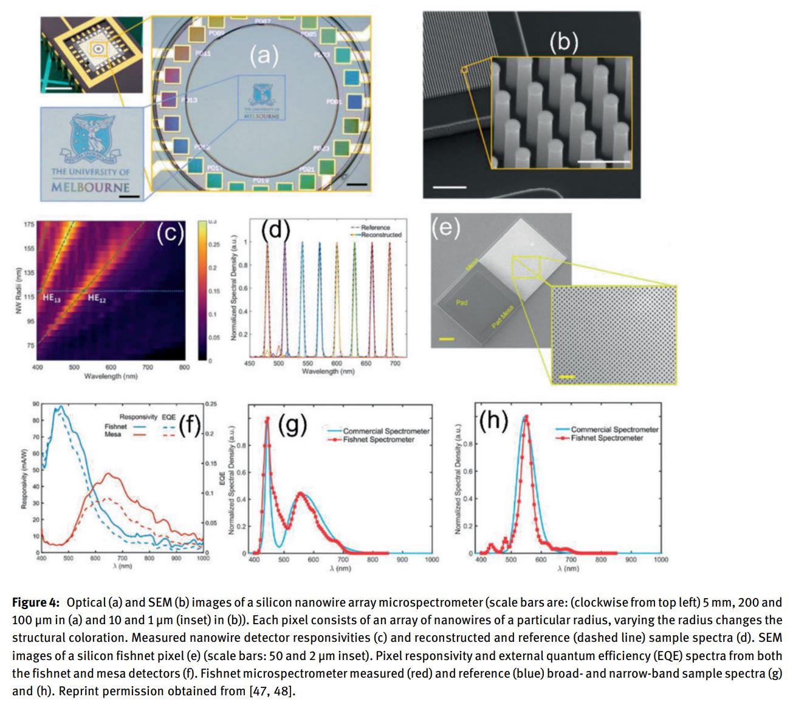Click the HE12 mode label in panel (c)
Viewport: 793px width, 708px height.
pyautogui.click(x=97, y=298)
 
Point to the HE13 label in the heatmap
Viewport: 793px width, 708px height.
pyautogui.click(x=51, y=298)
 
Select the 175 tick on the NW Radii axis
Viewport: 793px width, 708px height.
pyautogui.click(x=29, y=225)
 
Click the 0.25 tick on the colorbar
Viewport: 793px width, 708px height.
pyautogui.click(x=213, y=244)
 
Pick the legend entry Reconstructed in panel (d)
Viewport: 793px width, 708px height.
pyautogui.click(x=381, y=234)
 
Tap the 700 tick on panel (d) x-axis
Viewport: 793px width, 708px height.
pyautogui.click(x=395, y=363)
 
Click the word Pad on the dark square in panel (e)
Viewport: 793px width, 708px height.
pyautogui.click(x=461, y=302)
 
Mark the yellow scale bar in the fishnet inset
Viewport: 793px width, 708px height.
pyautogui.click(x=566, y=376)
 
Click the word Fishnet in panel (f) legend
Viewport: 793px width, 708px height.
pyautogui.click(x=115, y=426)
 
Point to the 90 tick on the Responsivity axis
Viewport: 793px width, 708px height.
pyautogui.click(x=36, y=404)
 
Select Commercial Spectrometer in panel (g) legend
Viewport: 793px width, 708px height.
pyautogui.click(x=386, y=431)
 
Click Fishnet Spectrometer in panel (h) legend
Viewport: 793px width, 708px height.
pyautogui.click(x=606, y=438)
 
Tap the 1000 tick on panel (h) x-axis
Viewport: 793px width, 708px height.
pyautogui.click(x=661, y=559)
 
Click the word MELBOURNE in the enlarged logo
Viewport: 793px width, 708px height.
pyautogui.click(x=90, y=187)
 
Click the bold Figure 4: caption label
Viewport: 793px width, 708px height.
pyautogui.click(x=36, y=602)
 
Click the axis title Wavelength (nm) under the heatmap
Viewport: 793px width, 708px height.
pyautogui.click(x=111, y=376)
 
